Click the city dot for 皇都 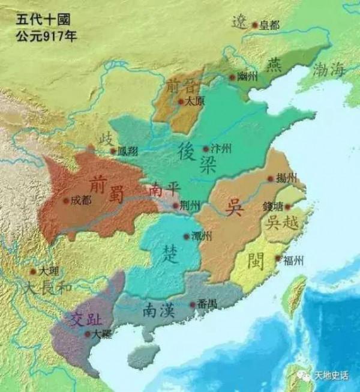pyautogui.click(x=254, y=25)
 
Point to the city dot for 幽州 pyautogui.click(x=232, y=77)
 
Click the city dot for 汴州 pyautogui.click(x=206, y=148)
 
